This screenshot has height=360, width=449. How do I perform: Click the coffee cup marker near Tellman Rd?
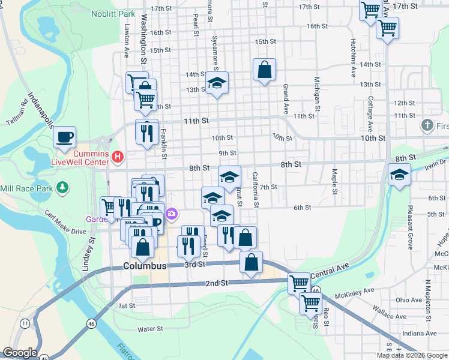click(x=65, y=137)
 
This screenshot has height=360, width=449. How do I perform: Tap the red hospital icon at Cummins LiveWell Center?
click(x=118, y=157)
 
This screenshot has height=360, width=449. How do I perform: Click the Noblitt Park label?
click(x=113, y=13)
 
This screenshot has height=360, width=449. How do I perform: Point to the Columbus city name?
click(x=145, y=266)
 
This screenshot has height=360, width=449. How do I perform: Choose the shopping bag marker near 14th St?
click(x=264, y=70)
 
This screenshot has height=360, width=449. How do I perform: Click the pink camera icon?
click(x=172, y=214)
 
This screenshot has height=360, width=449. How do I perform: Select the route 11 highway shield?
click(x=25, y=323)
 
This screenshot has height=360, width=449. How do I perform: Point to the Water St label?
click(x=150, y=329)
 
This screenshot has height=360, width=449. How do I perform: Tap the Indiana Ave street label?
click(x=419, y=332)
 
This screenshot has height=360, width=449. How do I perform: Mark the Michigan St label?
click(x=316, y=90)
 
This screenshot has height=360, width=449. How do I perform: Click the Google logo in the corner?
click(x=20, y=353)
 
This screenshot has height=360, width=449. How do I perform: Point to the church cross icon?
click(x=427, y=125)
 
